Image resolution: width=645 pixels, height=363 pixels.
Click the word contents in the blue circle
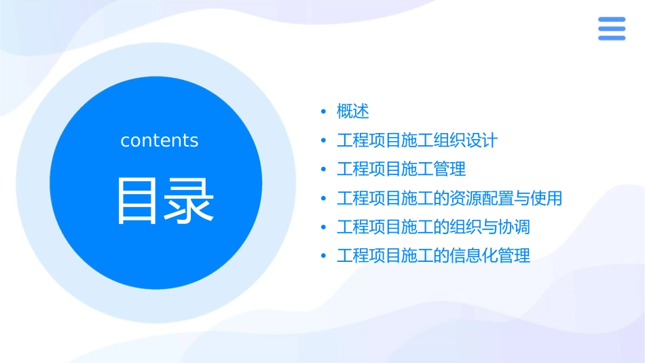(x=160, y=140)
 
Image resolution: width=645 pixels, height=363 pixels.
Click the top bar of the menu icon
(x=611, y=20)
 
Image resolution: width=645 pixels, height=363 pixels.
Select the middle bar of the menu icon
(x=611, y=28)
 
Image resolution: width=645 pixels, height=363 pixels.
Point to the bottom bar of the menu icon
(x=611, y=37)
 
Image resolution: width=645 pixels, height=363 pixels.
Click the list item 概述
(x=352, y=111)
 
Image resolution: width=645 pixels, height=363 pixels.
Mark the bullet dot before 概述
(x=323, y=112)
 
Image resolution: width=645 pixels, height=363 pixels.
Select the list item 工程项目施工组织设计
(x=417, y=140)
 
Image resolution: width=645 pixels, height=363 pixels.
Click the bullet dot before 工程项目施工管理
(x=323, y=170)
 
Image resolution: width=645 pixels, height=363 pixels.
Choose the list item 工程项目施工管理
(x=401, y=169)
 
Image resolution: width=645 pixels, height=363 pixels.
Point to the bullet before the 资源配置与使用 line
(x=323, y=199)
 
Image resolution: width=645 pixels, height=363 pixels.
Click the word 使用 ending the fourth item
(x=546, y=198)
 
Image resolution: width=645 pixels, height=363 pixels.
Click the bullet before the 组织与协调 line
(x=323, y=227)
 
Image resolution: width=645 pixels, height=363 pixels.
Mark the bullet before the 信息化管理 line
(x=323, y=256)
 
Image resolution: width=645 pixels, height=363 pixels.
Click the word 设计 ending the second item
(x=481, y=140)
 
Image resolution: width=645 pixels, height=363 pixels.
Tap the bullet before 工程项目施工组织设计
(x=323, y=141)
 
